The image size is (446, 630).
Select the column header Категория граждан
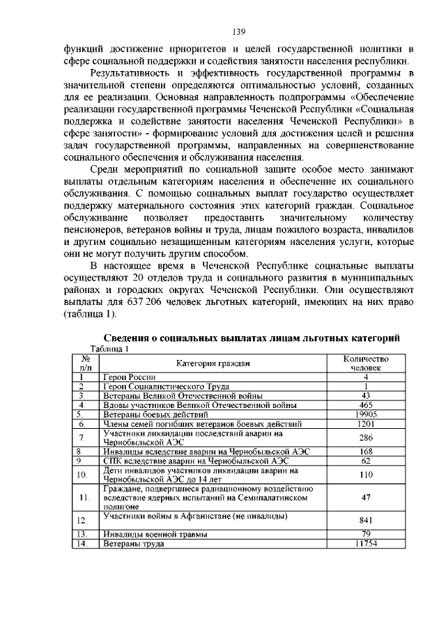coord(213,363)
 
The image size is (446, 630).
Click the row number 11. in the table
coord(85,498)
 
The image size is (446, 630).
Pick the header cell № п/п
coord(85,363)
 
